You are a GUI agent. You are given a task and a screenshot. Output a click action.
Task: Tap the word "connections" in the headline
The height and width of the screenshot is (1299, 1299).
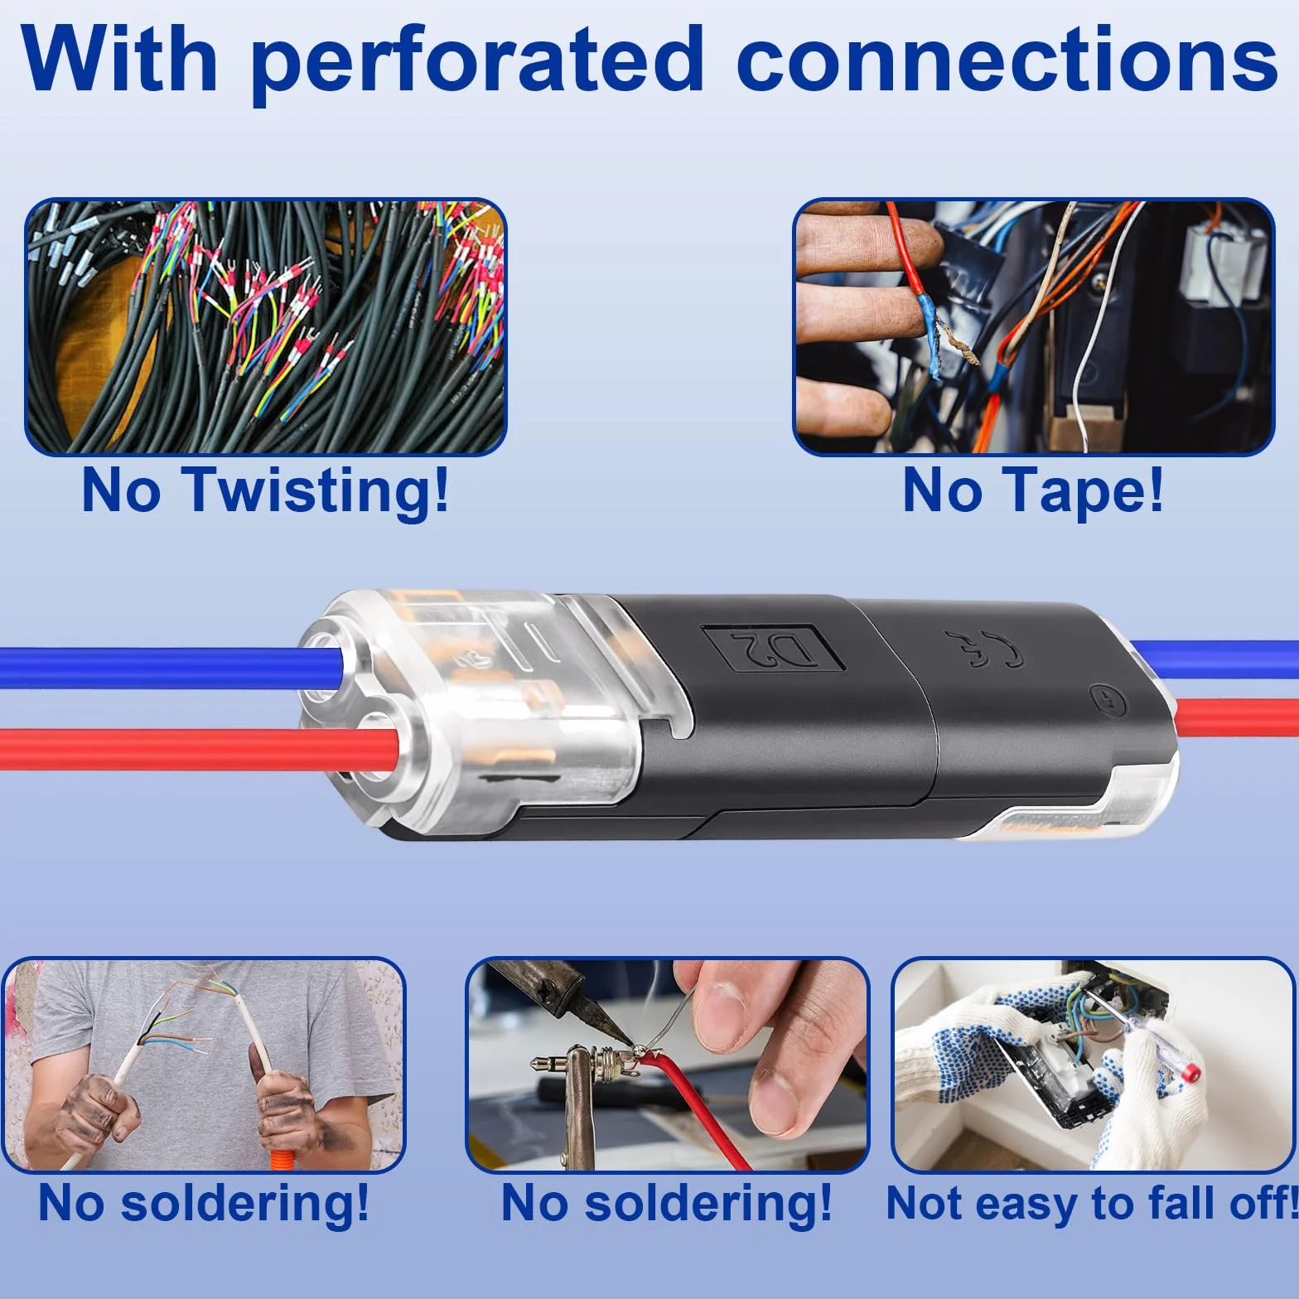(x=1007, y=60)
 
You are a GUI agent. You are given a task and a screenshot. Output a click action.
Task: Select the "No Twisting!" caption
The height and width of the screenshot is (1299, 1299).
(x=265, y=492)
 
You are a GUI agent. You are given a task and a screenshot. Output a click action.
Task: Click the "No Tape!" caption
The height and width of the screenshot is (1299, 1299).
(x=1033, y=490)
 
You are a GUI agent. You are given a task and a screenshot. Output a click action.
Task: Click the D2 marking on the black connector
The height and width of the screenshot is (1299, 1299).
(x=773, y=648)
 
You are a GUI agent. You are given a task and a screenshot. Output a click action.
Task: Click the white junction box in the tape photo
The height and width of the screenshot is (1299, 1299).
(x=1221, y=261)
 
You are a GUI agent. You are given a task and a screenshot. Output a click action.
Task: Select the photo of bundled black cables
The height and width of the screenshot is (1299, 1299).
(x=265, y=327)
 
